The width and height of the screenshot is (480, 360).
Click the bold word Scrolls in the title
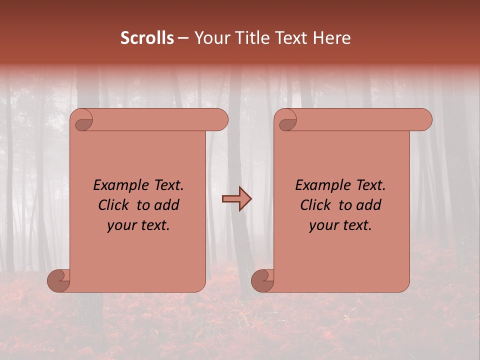(147, 38)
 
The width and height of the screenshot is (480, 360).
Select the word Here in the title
(332, 38)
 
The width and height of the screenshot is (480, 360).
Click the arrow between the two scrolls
(236, 199)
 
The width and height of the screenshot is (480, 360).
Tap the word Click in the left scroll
(113, 205)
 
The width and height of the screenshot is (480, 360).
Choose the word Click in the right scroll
(315, 205)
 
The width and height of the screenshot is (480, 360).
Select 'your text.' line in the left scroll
(138, 225)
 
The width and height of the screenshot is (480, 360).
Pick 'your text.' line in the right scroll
(340, 225)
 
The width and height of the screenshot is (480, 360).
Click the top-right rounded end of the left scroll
(220, 120)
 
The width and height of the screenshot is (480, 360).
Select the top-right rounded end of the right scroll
(424, 120)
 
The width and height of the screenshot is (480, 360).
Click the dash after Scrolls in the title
(183, 38)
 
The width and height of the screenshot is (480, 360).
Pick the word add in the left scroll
(167, 205)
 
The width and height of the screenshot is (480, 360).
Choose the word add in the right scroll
(369, 205)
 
